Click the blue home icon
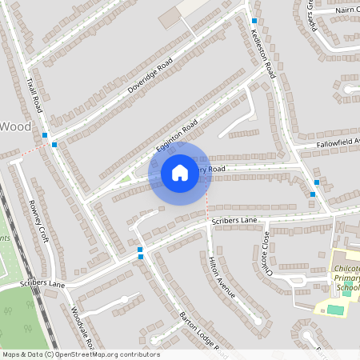[x=180, y=173]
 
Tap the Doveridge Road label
[x=150, y=76]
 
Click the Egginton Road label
[x=176, y=138]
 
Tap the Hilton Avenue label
[x=222, y=278]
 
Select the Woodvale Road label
[x=82, y=328]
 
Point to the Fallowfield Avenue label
[x=338, y=142]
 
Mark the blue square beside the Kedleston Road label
[x=254, y=21]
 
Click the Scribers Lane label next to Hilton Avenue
[x=234, y=220]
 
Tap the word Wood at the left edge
[x=16, y=126]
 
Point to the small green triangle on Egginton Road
[x=126, y=178]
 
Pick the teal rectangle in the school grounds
[x=335, y=308]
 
